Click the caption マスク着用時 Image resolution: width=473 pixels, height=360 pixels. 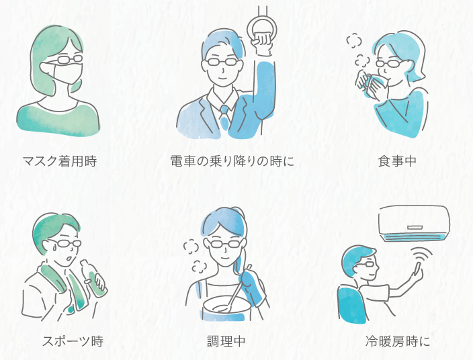[59, 161]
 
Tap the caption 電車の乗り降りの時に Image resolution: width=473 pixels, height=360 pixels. [232, 161]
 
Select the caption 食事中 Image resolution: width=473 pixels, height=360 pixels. [398, 161]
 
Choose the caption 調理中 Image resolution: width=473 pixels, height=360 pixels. [226, 341]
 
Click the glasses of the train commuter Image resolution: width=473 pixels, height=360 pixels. [220, 62]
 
